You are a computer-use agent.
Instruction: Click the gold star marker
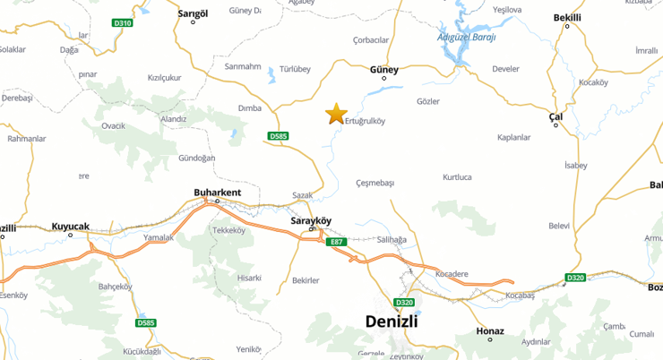(336, 114)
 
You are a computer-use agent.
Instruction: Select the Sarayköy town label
(312, 219)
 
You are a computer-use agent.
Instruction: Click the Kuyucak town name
(71, 227)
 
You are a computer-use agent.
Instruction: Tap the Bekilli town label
(567, 17)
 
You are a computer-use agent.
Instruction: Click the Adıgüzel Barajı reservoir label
(466, 37)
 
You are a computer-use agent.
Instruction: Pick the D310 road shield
(124, 21)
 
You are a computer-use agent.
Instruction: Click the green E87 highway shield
(337, 242)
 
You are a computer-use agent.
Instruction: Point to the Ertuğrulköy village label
(365, 122)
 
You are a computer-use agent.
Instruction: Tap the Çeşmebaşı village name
(375, 183)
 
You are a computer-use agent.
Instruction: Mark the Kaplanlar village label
(514, 137)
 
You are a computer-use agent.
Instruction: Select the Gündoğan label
(197, 158)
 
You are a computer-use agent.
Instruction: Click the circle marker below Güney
(384, 79)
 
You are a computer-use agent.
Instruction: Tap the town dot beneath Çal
(556, 125)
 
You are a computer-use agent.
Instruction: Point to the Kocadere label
(452, 273)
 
